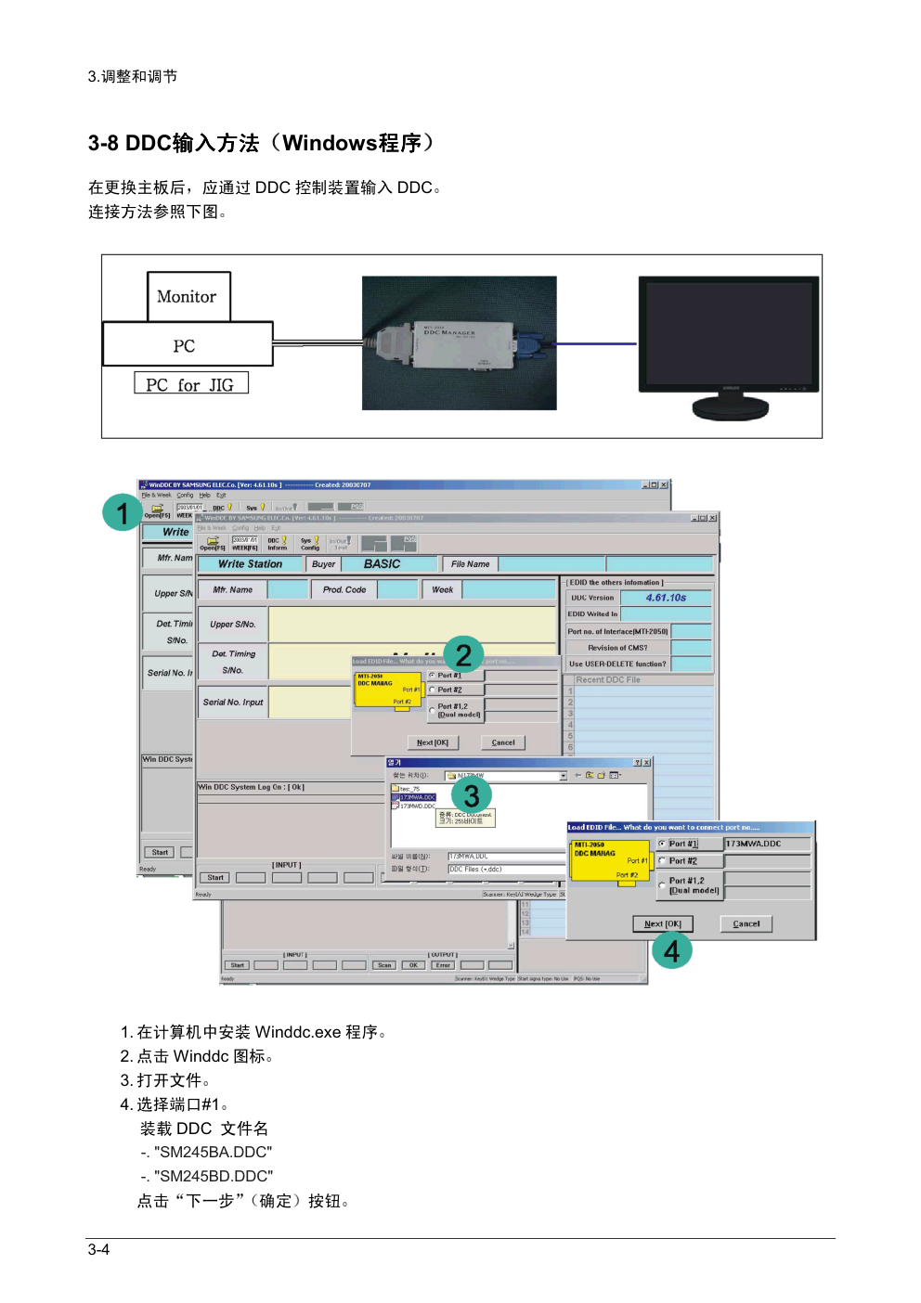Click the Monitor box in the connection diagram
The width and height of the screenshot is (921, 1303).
(x=188, y=296)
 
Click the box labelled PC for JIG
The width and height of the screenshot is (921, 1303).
(x=190, y=384)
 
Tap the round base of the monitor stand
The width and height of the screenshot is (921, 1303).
(x=731, y=406)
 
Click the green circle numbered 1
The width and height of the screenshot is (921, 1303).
(x=123, y=512)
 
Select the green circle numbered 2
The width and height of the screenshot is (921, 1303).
(x=463, y=654)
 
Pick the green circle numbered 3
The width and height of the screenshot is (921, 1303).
(x=471, y=795)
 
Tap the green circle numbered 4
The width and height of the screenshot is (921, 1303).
(x=671, y=950)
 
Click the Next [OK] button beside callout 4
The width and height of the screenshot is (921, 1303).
(x=663, y=923)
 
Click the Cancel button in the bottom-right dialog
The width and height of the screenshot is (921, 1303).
(x=746, y=923)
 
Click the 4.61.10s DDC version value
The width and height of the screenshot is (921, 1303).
(x=666, y=598)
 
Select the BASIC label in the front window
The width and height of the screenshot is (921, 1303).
(x=382, y=563)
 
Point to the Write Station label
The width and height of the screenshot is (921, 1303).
(x=250, y=563)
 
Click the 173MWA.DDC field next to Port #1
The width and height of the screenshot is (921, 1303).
(x=767, y=844)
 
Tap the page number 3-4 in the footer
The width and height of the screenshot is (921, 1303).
(x=99, y=1249)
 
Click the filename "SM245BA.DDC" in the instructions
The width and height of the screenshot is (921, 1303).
(x=214, y=1152)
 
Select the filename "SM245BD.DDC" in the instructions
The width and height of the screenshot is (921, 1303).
(x=214, y=1176)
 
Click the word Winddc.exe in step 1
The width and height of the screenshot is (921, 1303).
(x=297, y=1032)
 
